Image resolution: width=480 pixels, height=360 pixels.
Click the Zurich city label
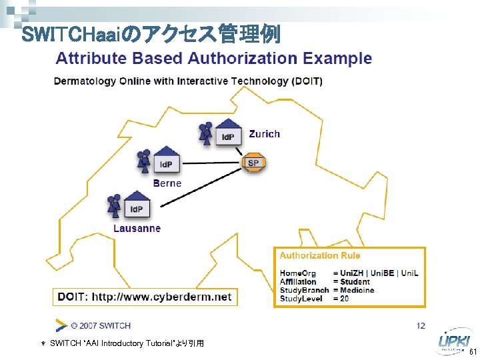point(264,134)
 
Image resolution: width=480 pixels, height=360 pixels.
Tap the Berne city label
point(167,183)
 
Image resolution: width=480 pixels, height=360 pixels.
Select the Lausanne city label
point(137,228)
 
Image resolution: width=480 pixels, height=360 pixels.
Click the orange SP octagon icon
point(253,163)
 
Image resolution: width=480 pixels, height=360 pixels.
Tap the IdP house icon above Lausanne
point(137,205)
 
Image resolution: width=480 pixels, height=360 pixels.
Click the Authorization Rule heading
point(320,255)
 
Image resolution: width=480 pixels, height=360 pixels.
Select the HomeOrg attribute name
point(298,273)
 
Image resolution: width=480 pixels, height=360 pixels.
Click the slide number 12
point(420,325)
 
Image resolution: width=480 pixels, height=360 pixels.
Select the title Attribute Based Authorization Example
point(213,58)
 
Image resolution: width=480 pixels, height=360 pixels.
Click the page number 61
point(473,351)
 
